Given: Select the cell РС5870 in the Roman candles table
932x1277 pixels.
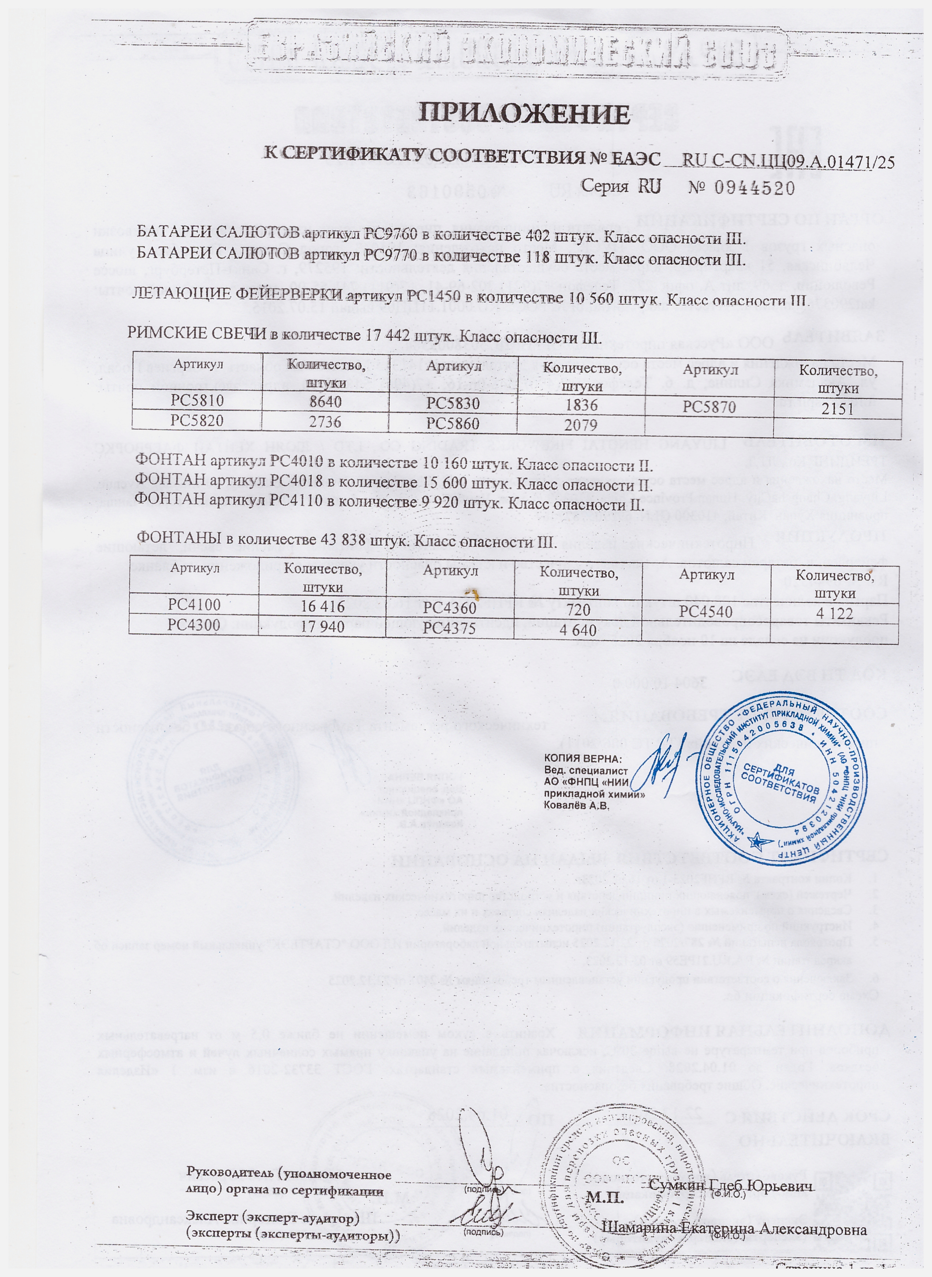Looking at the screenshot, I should (x=709, y=407).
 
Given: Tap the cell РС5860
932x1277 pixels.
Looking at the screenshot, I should (x=452, y=423).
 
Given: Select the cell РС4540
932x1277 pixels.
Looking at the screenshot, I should (x=706, y=612).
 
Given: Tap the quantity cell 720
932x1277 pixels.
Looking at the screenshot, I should (x=579, y=609).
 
